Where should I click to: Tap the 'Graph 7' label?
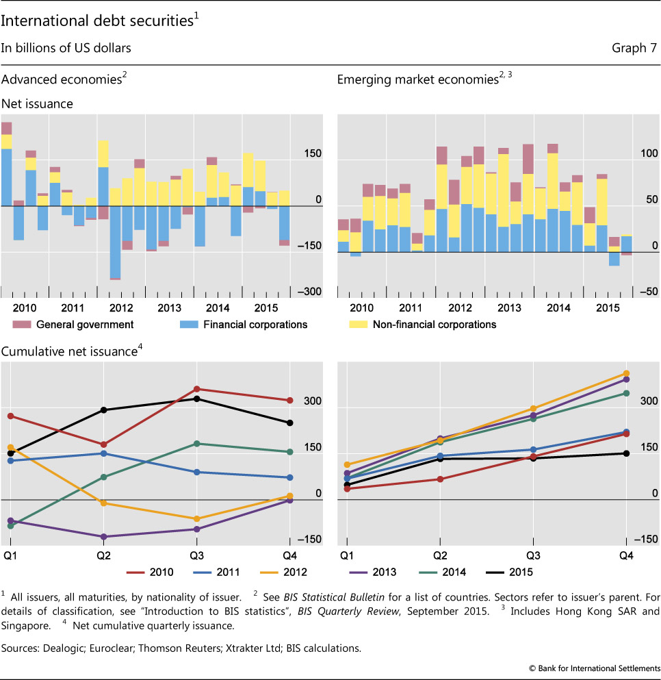point(634,48)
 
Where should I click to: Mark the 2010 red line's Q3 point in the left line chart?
point(197,389)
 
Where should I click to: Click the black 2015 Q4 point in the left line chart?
point(290,423)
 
